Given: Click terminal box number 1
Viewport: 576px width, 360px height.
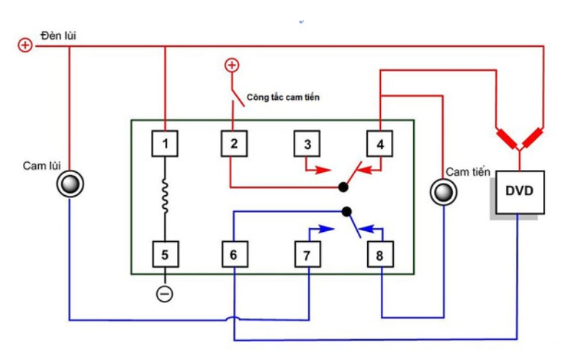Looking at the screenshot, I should coord(165,144).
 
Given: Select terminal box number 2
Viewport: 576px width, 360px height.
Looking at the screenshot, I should coord(233,144).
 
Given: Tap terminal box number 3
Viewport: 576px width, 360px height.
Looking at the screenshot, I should coord(307,144).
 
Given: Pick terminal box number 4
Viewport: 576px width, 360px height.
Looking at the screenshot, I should coord(379,144).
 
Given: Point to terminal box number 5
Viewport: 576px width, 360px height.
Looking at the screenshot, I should coord(165,254).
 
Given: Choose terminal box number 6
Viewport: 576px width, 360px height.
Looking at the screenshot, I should coord(233,254).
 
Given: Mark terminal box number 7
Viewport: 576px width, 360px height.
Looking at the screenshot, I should coord(307,254).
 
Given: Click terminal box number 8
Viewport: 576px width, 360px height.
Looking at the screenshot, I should coord(379,254).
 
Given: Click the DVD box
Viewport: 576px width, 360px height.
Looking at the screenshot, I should coord(519,192).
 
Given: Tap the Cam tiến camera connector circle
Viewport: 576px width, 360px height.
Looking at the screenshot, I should coord(441,192).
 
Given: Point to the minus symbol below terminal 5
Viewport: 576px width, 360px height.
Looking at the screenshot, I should coord(165,294).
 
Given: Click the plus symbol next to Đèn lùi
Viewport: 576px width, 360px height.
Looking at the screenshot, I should coord(25,45).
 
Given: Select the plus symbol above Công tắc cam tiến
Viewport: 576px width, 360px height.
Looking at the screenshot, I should coord(232,66).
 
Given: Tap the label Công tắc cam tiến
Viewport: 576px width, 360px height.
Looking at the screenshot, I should coord(282,96).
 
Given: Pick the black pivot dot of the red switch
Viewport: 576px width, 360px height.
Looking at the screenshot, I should coord(344,187).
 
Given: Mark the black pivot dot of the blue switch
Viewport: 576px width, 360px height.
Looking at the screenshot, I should coord(347,212).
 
